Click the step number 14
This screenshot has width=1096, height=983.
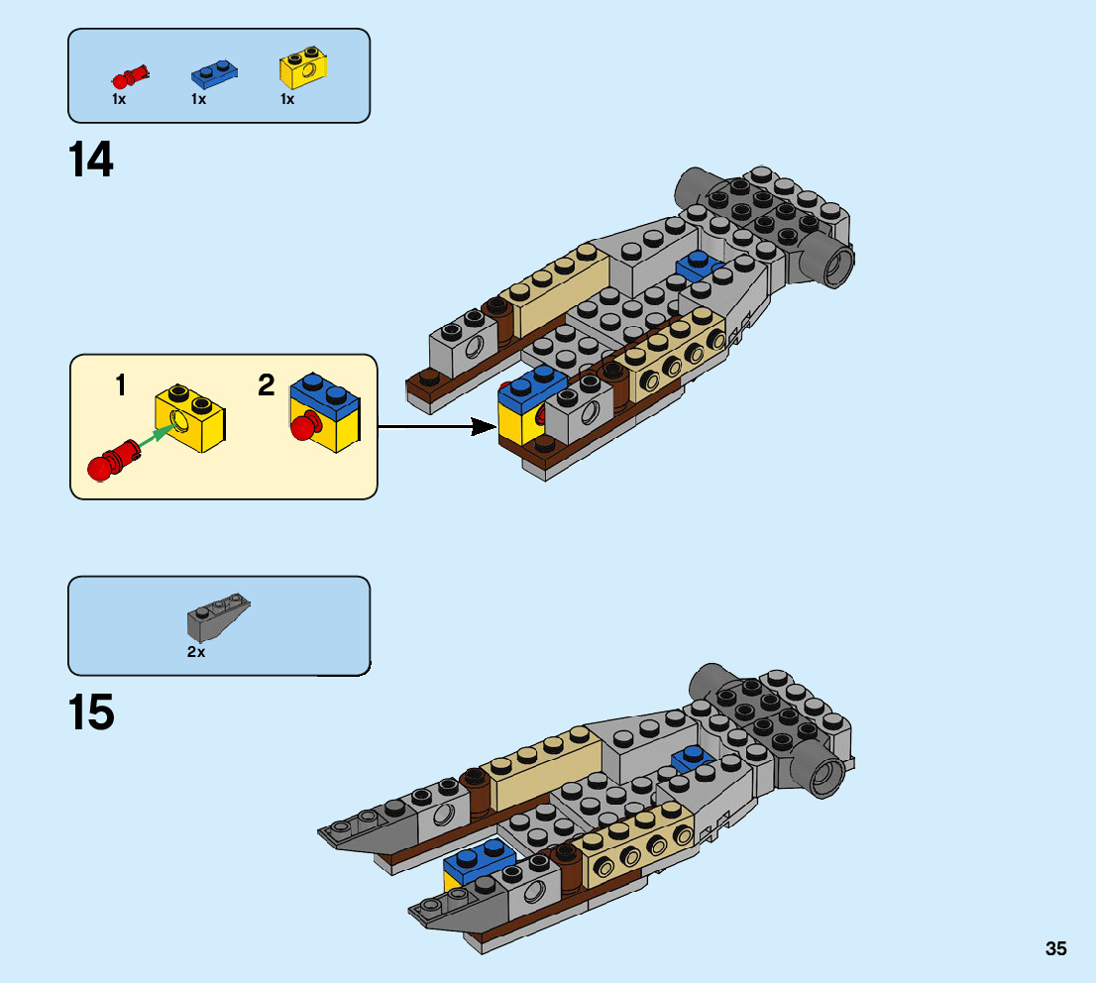pos(91,161)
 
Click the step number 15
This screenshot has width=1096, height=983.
pos(91,712)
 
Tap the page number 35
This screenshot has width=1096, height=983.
pos(1055,948)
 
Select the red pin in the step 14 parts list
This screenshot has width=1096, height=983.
pos(130,75)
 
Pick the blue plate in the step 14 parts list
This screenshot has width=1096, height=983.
pos(214,71)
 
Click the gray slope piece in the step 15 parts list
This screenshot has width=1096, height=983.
pos(217,616)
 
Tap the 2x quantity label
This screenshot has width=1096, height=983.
pos(195,651)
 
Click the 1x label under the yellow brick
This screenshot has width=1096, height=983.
pos(287,99)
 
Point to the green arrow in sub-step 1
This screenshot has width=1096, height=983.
pos(155,437)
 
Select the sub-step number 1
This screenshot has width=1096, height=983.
pos(121,384)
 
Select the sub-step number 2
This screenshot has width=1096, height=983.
pos(266,384)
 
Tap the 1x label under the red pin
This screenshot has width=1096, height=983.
pos(119,99)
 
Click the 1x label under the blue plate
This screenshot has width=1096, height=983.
pos(198,99)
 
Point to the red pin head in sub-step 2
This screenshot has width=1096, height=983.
pos(301,428)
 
